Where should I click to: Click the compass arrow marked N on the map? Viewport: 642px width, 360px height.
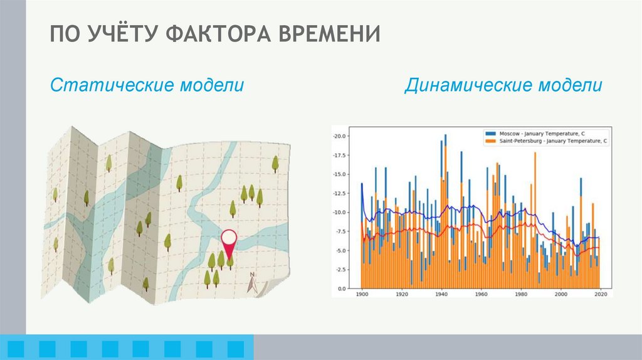[252, 284]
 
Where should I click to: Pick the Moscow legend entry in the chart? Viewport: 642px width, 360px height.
[545, 134]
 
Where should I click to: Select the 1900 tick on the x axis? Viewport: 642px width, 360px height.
[362, 294]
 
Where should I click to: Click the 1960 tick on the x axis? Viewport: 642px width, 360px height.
[481, 294]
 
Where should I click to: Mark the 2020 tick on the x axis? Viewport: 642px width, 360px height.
[601, 294]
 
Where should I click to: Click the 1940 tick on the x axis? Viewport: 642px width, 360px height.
[441, 294]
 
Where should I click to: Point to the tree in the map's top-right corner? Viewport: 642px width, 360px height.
[275, 164]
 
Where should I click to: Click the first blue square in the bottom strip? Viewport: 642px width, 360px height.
[16, 347]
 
